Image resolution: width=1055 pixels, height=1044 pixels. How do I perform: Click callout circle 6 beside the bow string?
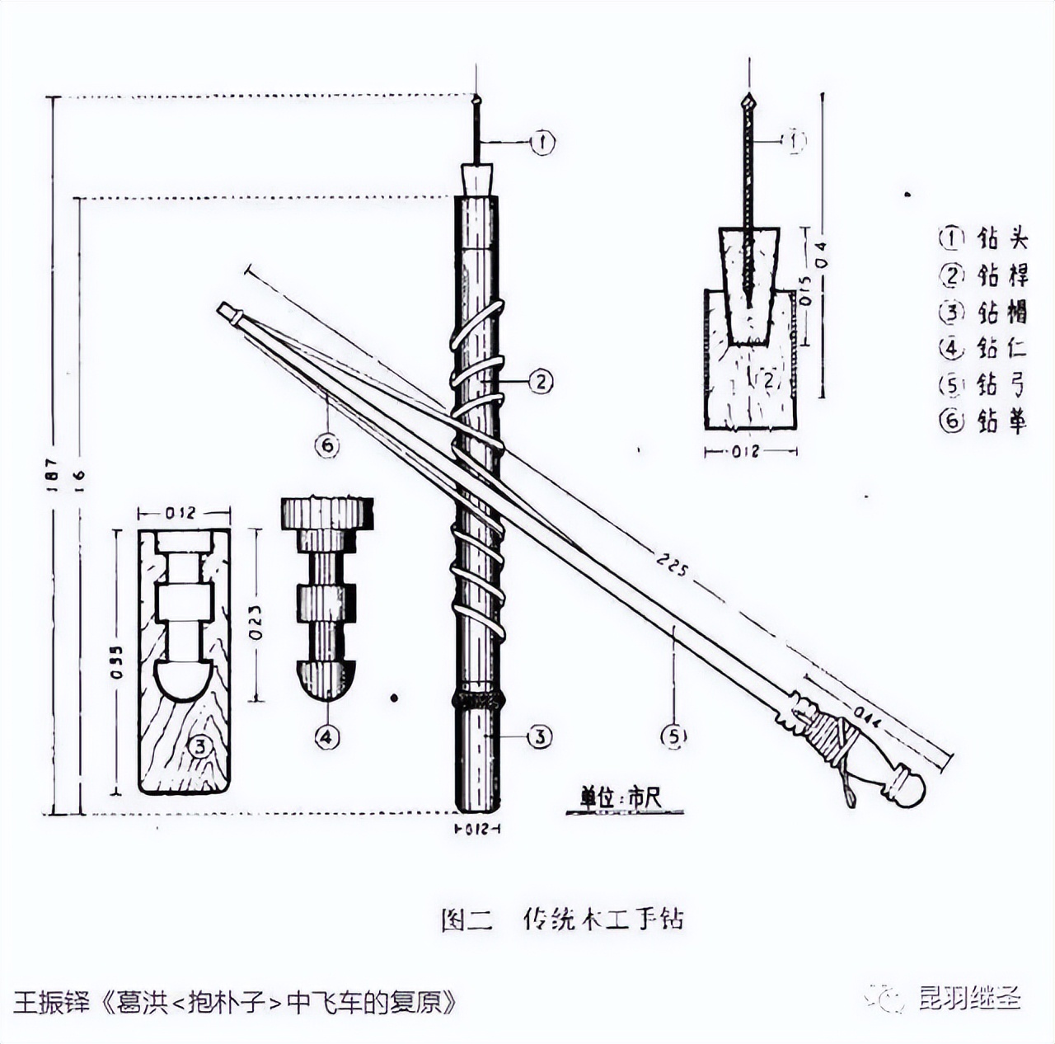coord(327,445)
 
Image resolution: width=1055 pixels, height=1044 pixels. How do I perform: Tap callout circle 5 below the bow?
coord(674,736)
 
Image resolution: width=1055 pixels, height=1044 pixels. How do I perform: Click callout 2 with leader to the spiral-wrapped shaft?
coord(540,382)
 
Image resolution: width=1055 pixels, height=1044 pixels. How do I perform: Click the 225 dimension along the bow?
coord(672,566)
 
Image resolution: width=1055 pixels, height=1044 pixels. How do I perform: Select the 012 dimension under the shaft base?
coord(479,829)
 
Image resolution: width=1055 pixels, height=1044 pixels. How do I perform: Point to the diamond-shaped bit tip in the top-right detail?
coord(748,104)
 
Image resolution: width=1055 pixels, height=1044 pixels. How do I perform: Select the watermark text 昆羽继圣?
coord(970,999)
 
